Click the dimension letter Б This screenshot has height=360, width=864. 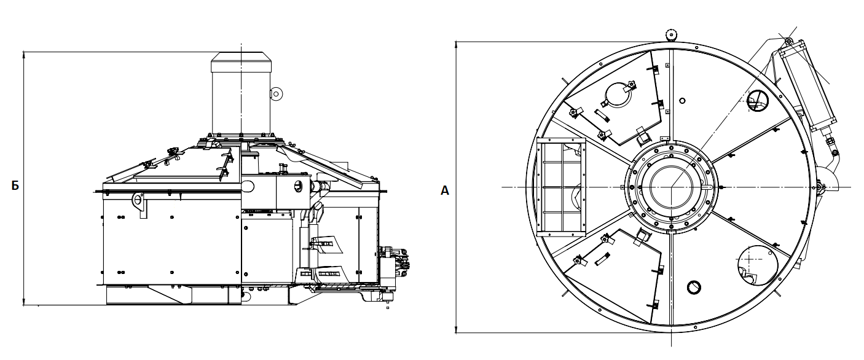[15, 186]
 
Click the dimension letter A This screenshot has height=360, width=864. [445, 190]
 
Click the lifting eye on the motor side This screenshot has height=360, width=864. [277, 93]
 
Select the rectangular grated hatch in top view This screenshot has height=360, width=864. [561, 187]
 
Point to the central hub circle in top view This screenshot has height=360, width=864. [672, 187]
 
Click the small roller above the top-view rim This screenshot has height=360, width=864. [672, 35]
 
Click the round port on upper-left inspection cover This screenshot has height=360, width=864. [619, 95]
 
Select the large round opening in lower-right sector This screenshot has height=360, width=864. [758, 266]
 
